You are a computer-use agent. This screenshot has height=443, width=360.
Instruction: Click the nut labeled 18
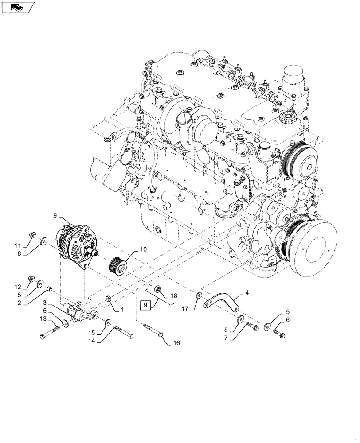[159, 290]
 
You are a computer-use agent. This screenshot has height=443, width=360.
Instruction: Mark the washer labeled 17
[199, 295]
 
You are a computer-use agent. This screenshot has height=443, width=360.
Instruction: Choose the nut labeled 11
[32, 233]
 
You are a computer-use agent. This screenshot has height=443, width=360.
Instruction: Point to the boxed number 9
[145, 305]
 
